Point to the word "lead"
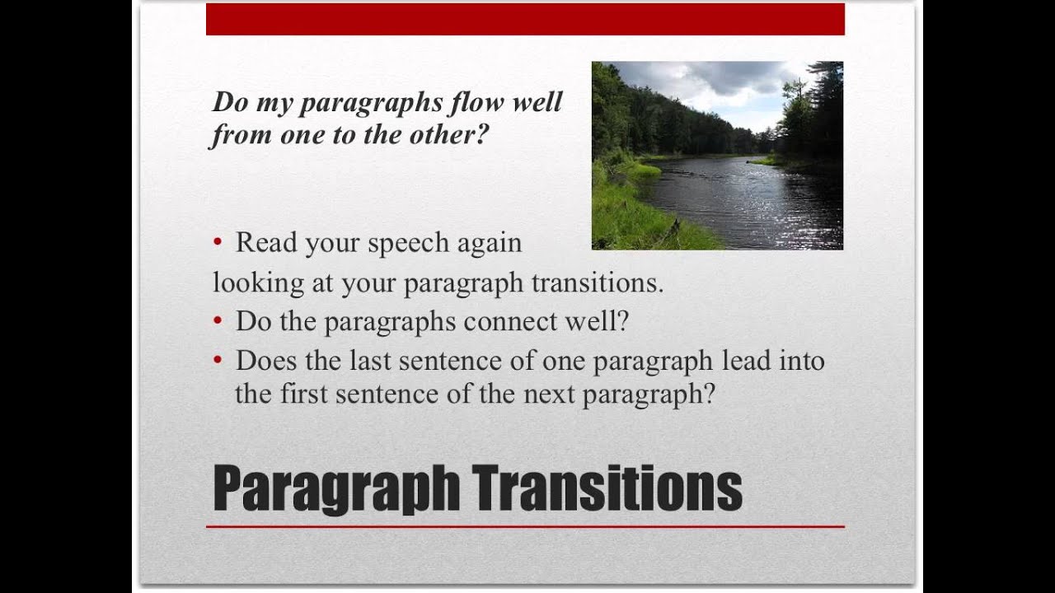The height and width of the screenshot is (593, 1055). tap(748, 361)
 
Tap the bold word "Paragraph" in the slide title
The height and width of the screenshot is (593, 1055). tap(336, 491)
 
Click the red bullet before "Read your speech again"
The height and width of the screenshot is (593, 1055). tap(218, 242)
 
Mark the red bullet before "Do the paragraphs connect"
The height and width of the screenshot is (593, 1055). tap(218, 321)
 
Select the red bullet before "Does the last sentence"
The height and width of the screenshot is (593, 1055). tap(218, 361)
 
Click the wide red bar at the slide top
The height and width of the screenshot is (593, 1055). tap(525, 19)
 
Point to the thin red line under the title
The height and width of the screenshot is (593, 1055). tap(525, 526)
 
